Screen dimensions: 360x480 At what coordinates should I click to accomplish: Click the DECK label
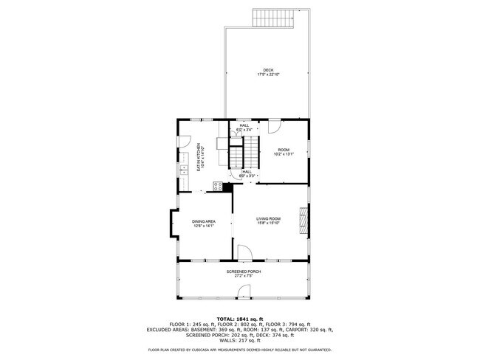click(268, 70)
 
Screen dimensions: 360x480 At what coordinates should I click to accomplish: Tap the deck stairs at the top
click(270, 18)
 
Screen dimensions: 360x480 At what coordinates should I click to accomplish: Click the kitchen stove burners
click(219, 187)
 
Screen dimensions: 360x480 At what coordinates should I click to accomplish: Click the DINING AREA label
click(204, 221)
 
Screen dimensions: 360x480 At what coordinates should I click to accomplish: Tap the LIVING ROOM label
click(268, 218)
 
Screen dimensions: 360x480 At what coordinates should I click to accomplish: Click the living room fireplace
click(303, 221)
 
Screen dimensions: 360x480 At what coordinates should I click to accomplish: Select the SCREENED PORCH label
click(243, 271)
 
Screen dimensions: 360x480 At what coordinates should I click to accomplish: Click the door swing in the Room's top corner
click(273, 126)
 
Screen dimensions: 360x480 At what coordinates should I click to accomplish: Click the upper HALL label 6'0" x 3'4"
click(244, 127)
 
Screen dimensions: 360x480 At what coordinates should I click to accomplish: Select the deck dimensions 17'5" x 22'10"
click(268, 75)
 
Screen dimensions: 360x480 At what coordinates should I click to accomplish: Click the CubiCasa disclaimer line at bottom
click(240, 350)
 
